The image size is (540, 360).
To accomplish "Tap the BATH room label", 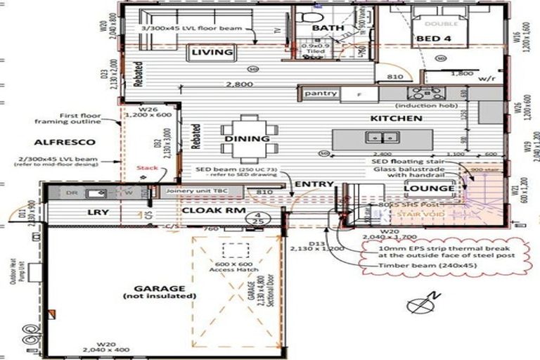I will [328, 28].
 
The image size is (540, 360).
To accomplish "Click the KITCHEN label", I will [397, 119].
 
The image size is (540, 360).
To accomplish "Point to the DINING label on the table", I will [247, 139].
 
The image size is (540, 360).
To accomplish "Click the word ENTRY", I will [314, 184].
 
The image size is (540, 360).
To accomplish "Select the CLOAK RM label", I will [209, 210].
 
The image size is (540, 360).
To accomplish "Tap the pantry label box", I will [321, 94].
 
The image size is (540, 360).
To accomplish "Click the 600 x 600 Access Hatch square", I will [234, 251].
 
